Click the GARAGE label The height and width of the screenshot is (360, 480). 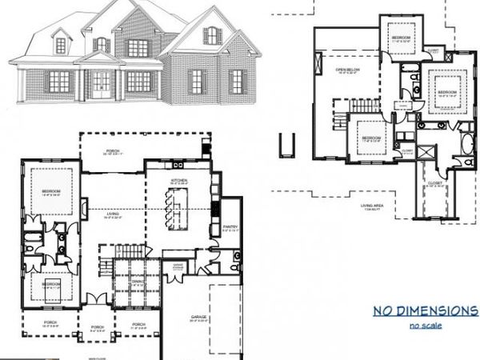(198, 317)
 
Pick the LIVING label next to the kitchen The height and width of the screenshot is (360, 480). (112, 214)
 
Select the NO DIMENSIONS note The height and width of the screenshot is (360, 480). (425, 310)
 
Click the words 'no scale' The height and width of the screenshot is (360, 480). (425, 326)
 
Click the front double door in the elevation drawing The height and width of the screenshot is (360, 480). (102, 82)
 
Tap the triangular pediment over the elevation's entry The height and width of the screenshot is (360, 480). (98, 58)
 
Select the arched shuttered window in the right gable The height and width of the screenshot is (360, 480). (211, 35)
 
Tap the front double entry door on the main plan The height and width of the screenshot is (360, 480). (95, 300)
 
